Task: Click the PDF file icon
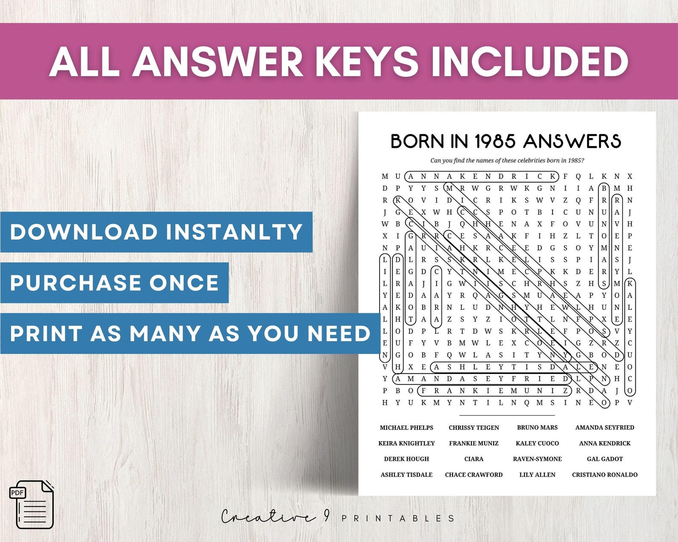point(32,504)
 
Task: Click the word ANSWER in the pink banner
point(218,61)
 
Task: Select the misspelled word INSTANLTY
point(234,232)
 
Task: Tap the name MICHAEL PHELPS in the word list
point(406,428)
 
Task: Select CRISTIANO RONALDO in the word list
point(605,475)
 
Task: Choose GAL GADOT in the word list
point(605,459)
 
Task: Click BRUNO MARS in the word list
point(537,428)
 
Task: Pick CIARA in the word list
point(473,459)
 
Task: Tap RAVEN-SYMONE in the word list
point(537,459)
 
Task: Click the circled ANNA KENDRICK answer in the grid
point(481,176)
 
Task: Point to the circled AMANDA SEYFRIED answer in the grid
point(481,379)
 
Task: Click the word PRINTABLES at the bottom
point(398,519)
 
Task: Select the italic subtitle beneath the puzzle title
point(507,160)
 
